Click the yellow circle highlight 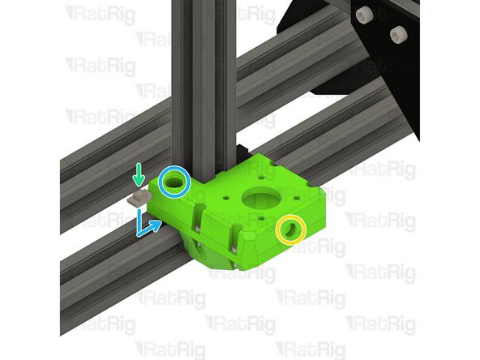point(289,229)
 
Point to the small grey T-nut point(139,196)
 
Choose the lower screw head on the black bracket point(397,33)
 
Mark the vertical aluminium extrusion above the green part point(199,81)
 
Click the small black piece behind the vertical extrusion point(242,151)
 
